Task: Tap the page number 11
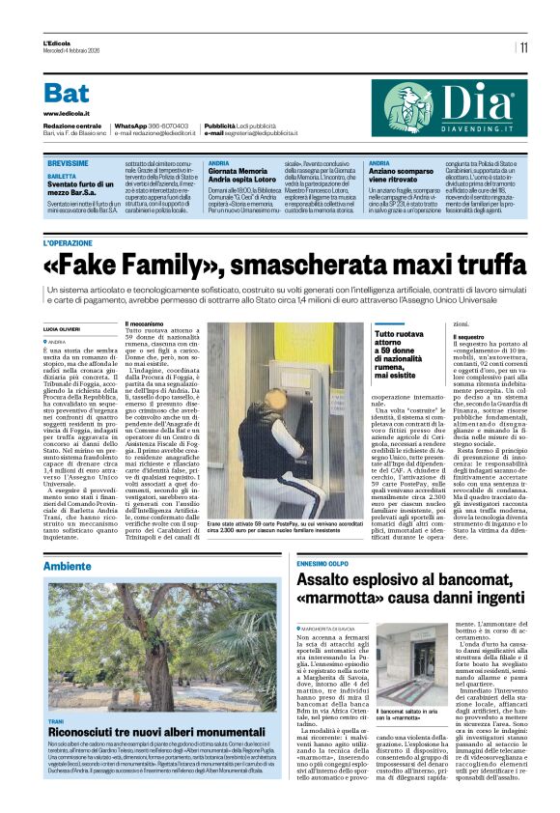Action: click(x=523, y=46)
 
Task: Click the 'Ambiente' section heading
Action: click(x=67, y=538)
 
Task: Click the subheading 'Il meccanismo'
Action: click(x=147, y=323)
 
